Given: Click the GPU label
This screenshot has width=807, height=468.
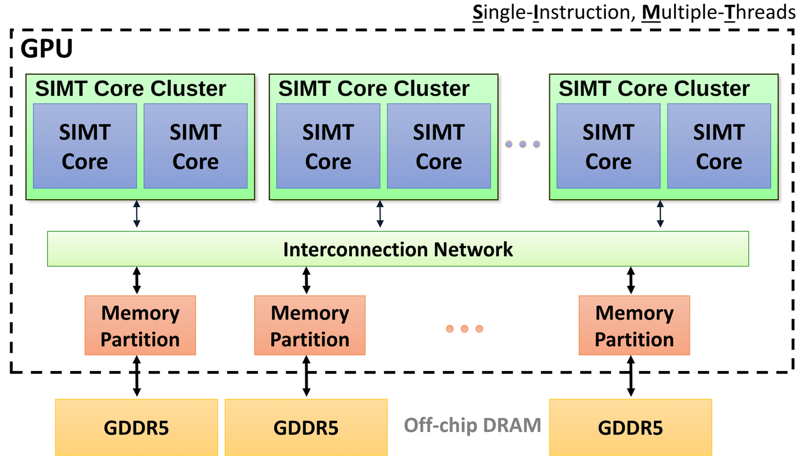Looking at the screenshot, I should coord(47,49).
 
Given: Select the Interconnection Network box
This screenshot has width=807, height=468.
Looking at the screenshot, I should coord(398,249).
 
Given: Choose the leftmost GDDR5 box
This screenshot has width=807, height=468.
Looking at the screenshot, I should coord(136,427).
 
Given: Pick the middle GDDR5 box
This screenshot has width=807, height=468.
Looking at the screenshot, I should coord(306,427).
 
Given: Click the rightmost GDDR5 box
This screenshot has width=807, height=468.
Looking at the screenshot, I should coord(630,427).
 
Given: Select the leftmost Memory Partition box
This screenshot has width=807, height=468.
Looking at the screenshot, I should coord(140,325).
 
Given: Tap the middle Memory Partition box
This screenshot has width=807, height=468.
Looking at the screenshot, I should coord(310,325).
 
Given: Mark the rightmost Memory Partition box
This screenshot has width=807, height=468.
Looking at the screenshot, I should coord(634,325).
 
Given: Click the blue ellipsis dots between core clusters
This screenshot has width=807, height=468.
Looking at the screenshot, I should coord(522,144).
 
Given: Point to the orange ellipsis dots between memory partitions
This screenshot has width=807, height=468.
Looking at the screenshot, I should coord(464,328).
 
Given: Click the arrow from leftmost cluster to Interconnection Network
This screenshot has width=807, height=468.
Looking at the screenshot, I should coord(137,215).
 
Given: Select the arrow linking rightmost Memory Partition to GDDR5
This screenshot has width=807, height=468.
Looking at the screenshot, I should coord(630,377).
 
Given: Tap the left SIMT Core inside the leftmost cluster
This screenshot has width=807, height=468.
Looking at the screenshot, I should coord(85,146).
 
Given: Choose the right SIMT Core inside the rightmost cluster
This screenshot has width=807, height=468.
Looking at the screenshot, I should coord(719,146).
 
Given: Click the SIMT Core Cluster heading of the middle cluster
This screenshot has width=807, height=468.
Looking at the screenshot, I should coord(374,89).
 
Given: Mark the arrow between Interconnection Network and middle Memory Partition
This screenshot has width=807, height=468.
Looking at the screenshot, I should coord(306,280).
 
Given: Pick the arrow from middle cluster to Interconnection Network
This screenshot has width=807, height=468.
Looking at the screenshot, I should coord(381,215).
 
